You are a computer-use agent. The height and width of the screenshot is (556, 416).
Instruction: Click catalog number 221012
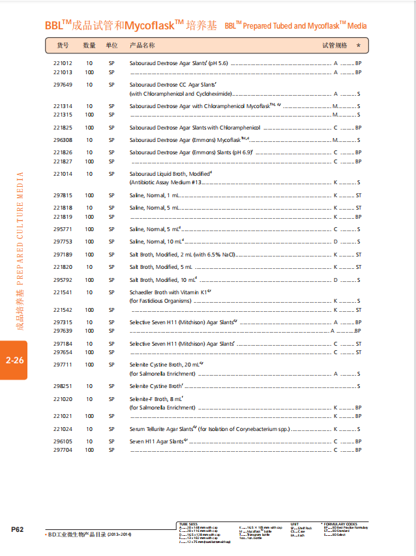click(x=63, y=64)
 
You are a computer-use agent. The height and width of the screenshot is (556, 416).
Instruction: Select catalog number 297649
click(x=63, y=85)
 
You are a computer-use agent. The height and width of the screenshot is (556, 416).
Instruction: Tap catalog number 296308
click(x=63, y=140)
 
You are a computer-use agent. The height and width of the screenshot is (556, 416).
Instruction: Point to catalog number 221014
click(x=63, y=174)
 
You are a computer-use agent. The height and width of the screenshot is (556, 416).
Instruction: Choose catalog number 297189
click(x=63, y=255)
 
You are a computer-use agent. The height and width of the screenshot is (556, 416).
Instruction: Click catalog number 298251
click(x=63, y=386)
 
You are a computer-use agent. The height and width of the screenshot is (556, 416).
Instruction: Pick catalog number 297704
click(x=63, y=450)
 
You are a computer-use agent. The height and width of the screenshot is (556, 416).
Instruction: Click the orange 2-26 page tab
click(x=14, y=360)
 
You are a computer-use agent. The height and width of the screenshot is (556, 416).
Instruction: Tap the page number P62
click(x=18, y=530)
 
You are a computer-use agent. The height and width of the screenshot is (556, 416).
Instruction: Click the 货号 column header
click(x=63, y=46)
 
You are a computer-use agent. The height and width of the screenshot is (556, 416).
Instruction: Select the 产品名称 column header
click(x=142, y=46)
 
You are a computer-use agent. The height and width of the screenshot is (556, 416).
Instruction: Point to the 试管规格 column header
click(x=335, y=46)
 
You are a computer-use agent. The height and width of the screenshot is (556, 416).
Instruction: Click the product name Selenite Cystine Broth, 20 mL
click(x=166, y=365)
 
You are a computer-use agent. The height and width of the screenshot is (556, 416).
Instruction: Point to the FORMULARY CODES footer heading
click(x=342, y=523)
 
